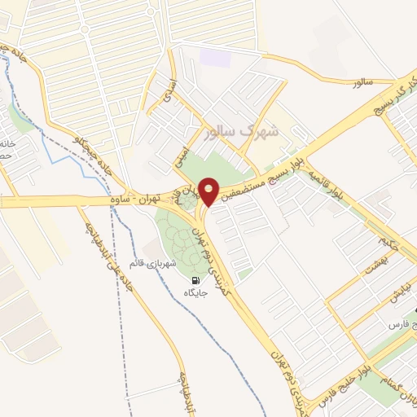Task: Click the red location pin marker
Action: [209, 191]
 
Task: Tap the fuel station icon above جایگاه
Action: [196, 281]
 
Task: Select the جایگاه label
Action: [196, 293]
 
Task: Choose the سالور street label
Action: [362, 83]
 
